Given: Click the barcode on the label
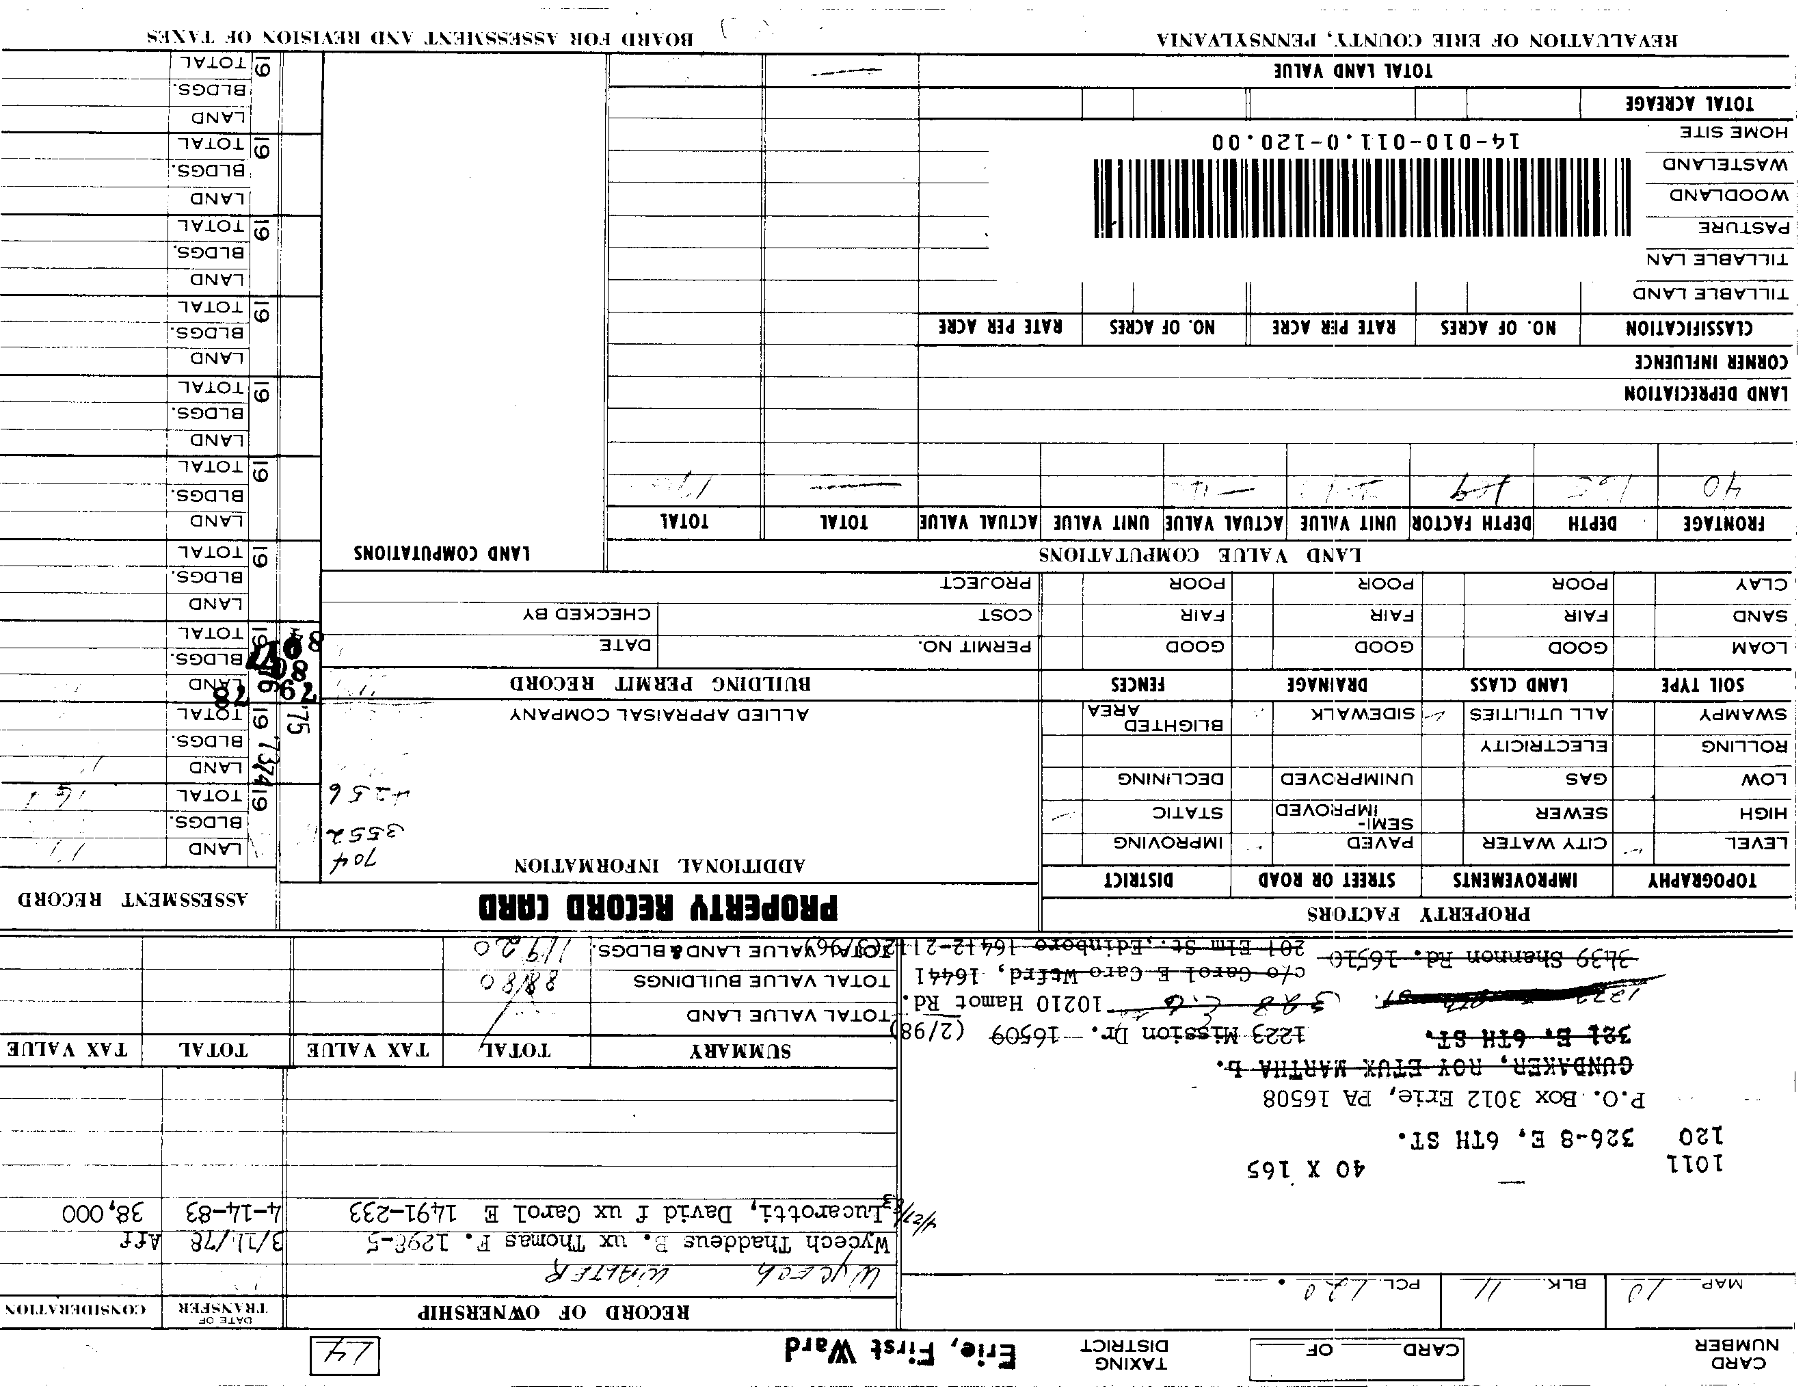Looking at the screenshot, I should click(x=1362, y=198).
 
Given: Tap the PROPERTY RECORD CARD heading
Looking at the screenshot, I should click(x=658, y=907).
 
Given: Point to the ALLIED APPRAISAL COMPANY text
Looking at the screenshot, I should click(x=658, y=714).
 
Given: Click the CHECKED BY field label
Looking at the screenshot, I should click(x=586, y=614).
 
